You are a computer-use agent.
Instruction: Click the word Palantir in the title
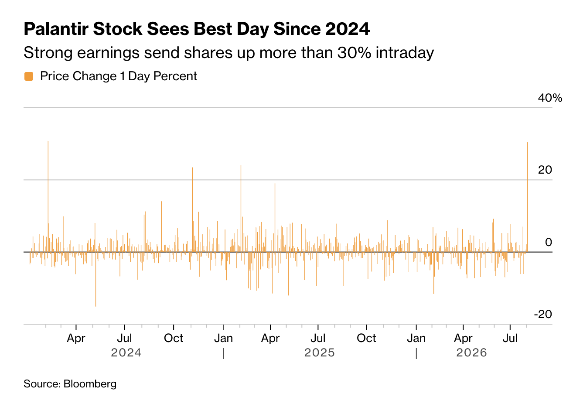coord(56,29)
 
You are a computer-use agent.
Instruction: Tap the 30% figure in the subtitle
coord(354,53)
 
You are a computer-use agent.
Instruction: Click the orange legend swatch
coord(29,76)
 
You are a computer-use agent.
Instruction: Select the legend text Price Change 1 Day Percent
coord(119,76)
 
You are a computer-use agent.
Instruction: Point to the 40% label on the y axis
coord(550,98)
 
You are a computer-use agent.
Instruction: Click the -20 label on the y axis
coord(543,314)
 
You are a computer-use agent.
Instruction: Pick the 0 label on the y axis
coord(549,242)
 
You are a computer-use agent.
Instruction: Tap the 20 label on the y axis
coord(545,170)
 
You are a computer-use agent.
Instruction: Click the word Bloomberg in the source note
coord(90,384)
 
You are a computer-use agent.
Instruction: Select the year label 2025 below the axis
coord(320,353)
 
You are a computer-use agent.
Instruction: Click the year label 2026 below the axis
coord(471,353)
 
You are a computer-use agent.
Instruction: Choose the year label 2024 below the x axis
coord(126,353)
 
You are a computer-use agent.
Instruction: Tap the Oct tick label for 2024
coord(174,338)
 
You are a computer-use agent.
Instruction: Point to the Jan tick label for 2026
coord(416,338)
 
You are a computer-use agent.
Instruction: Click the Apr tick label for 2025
coord(270,338)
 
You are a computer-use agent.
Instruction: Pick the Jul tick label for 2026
coord(510,338)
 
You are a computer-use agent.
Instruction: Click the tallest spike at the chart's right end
coord(528,197)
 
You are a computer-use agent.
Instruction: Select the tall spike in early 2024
coord(48,196)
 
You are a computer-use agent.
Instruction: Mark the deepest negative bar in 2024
coord(95,279)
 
